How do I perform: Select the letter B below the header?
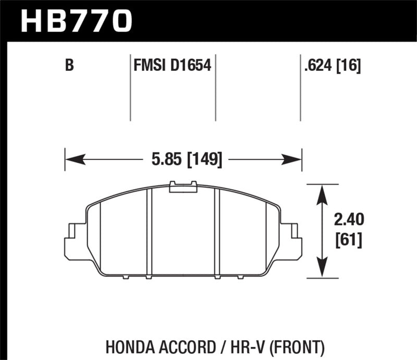[x=68, y=66]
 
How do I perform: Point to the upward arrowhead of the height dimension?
[x=323, y=193]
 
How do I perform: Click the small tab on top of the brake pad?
[x=183, y=186]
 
